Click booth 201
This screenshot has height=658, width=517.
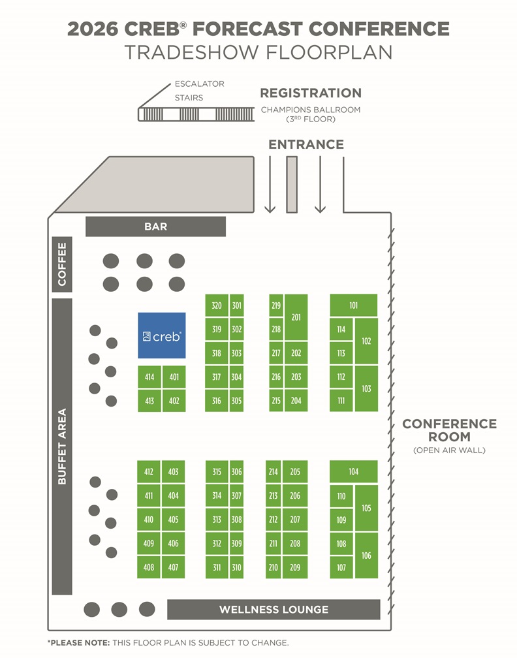[296, 317]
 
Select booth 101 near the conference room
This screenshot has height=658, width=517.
[353, 305]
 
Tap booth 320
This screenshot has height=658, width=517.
[217, 305]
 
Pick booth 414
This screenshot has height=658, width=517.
[149, 377]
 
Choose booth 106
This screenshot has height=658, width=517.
[366, 556]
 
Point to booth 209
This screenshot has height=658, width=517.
[295, 567]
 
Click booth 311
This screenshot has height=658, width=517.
[217, 567]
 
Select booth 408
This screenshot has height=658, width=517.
[149, 567]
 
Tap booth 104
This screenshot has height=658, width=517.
[353, 472]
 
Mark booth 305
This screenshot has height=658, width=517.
[236, 401]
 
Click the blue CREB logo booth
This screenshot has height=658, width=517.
[161, 336]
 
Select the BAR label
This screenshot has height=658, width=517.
[155, 227]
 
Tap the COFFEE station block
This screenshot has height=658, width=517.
[62, 264]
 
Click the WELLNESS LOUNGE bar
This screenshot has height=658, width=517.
[274, 610]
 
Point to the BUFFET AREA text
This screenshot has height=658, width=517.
[62, 446]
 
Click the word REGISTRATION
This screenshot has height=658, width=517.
[311, 93]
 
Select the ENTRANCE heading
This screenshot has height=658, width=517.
[306, 144]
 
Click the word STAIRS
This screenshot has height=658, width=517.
[189, 98]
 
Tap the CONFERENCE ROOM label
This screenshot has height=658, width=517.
[449, 430]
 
